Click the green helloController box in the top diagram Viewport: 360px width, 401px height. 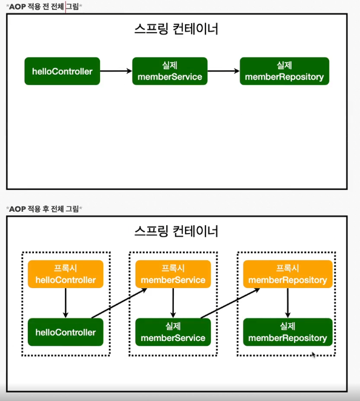[62, 71]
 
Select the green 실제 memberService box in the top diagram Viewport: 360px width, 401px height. [170, 71]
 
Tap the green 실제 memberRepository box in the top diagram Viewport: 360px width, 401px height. [284, 71]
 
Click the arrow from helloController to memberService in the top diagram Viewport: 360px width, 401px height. [116, 71]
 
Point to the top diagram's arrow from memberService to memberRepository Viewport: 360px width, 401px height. [224, 71]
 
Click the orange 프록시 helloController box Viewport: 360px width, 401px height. [65, 274]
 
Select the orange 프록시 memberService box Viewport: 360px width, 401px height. [173, 274]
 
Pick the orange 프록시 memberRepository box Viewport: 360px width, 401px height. [288, 274]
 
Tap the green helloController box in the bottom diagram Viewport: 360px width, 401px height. [65, 332]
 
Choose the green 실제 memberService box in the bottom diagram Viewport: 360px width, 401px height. [173, 332]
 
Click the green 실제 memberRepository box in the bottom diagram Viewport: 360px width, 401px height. [288, 332]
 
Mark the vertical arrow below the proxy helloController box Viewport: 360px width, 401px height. [65, 303]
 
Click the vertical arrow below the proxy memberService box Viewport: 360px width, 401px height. [173, 303]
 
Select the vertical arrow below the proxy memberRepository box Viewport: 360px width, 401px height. [288, 303]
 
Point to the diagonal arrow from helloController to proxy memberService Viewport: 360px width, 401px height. [119, 303]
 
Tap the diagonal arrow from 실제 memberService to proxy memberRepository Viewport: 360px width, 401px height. [230, 303]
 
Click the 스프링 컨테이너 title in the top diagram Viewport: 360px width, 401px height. [176, 29]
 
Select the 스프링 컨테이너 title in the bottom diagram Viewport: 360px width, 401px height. [176, 231]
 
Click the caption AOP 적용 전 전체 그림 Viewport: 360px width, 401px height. [44, 7]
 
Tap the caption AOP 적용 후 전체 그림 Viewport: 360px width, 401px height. [44, 209]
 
